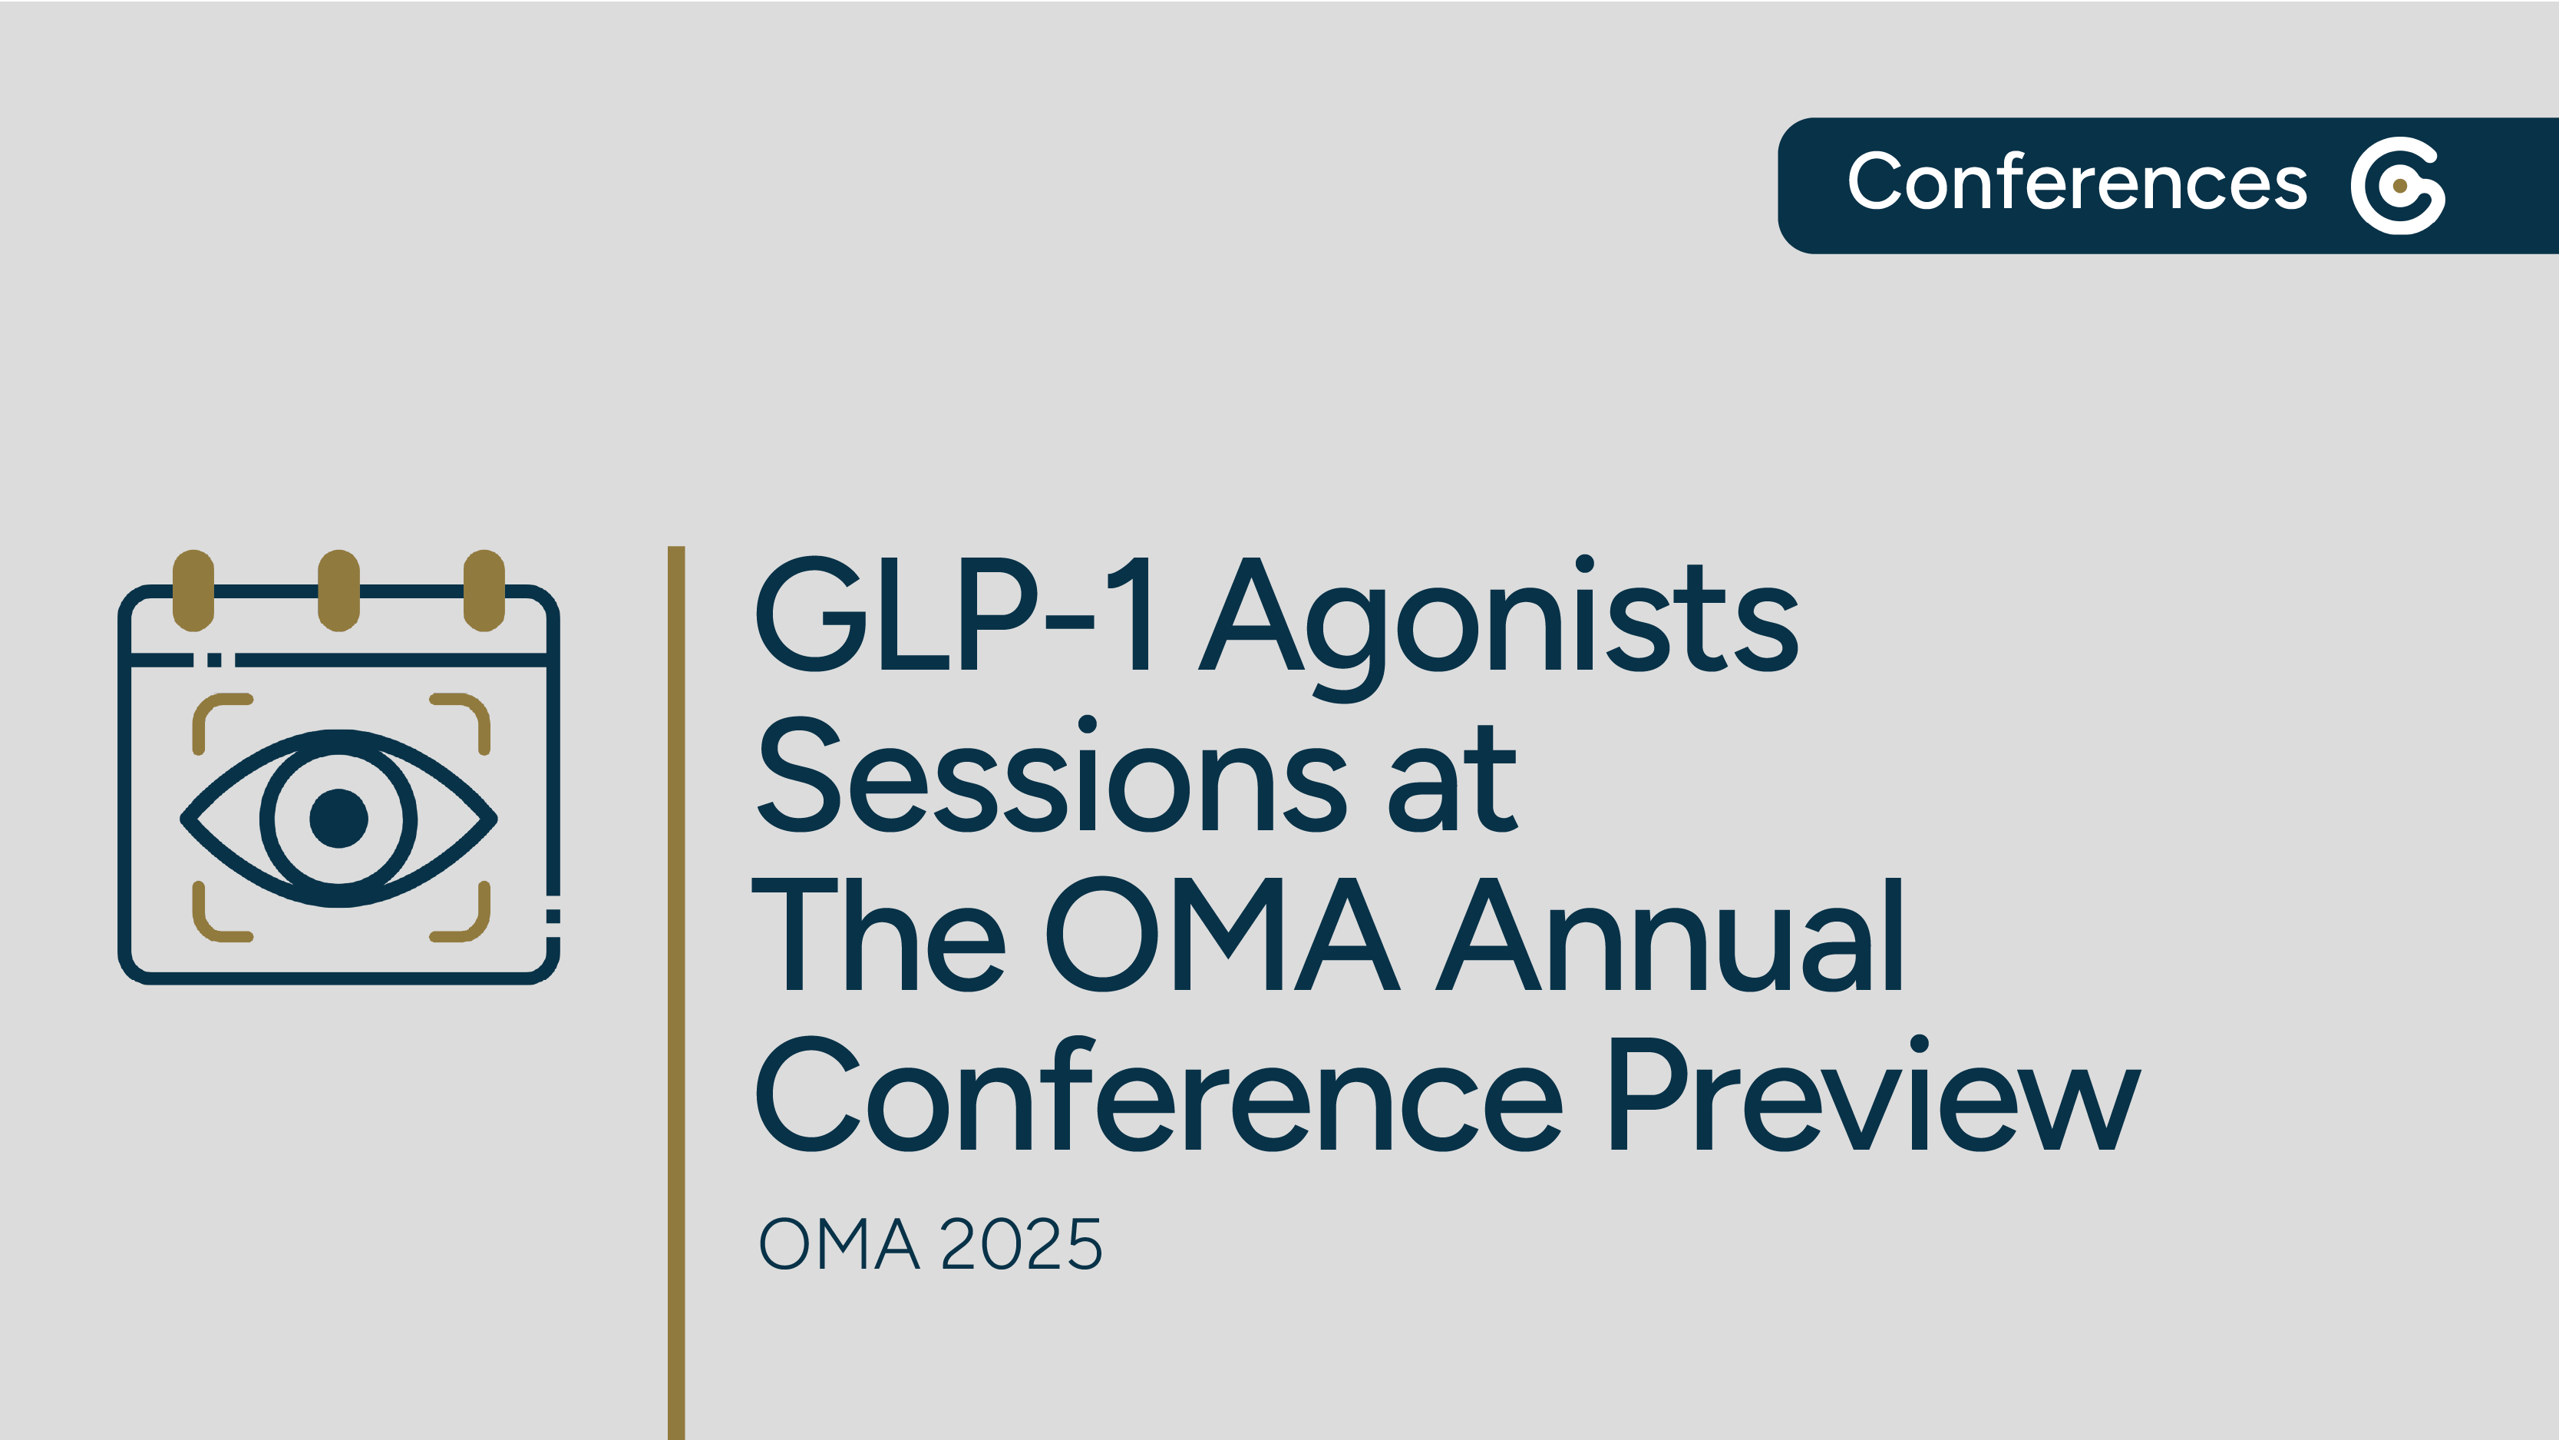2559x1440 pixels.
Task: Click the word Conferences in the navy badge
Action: coord(2076,183)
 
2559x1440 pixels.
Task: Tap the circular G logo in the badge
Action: coord(2397,186)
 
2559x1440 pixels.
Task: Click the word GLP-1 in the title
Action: coord(953,614)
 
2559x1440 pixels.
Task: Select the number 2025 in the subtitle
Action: coord(1021,1244)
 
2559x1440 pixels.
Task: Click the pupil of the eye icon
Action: coord(338,819)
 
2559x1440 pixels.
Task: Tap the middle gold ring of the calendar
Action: coord(338,591)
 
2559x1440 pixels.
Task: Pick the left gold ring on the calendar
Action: coord(193,591)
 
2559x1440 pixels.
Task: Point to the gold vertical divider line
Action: coord(676,994)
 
